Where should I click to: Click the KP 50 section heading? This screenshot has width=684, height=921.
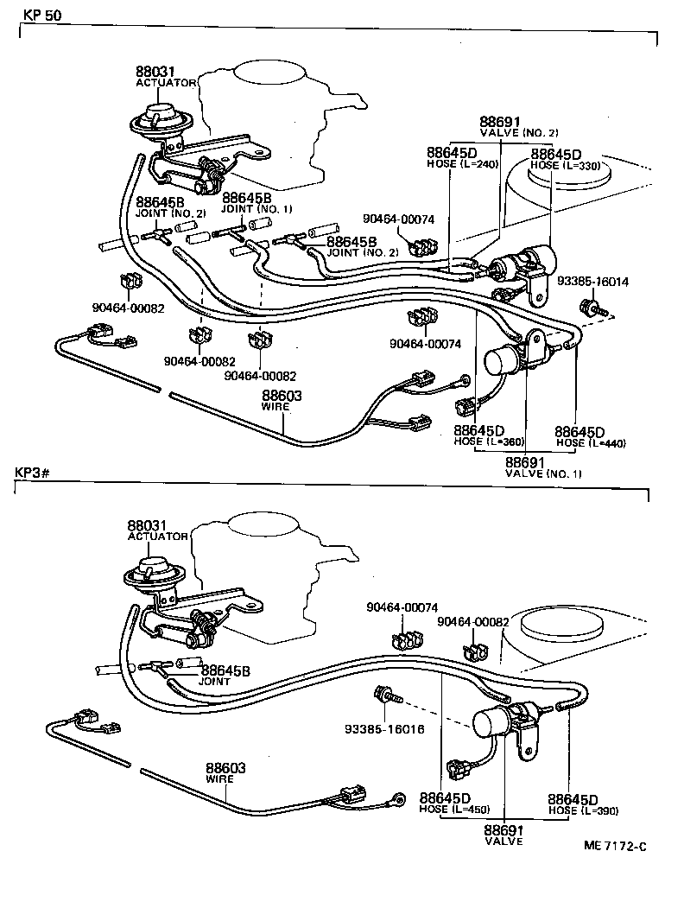pyautogui.click(x=37, y=15)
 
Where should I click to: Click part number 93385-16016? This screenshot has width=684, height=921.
pyautogui.click(x=383, y=727)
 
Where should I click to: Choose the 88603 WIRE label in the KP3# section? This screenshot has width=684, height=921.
pyautogui.click(x=225, y=772)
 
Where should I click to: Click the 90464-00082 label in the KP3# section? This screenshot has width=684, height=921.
pyautogui.click(x=473, y=621)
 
